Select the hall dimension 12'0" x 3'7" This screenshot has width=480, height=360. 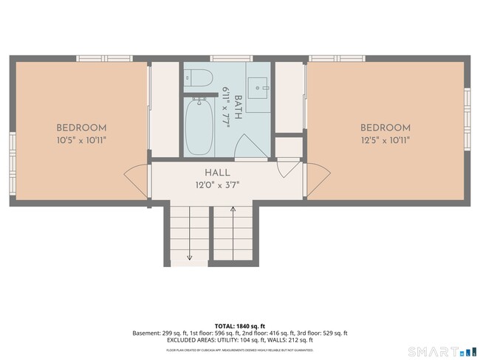[x=216, y=184]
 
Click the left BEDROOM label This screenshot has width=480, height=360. [x=81, y=128]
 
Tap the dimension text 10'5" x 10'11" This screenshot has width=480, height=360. [x=81, y=139]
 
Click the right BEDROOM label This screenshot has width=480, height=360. [x=385, y=128]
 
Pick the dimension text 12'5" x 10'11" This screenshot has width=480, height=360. [x=385, y=139]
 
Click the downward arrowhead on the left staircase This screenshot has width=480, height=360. [x=190, y=257]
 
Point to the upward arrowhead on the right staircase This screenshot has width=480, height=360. [x=233, y=210]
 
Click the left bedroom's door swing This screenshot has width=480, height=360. [x=137, y=180]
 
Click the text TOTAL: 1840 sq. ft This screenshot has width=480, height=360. [x=239, y=325]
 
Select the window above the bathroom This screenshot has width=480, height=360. [x=230, y=58]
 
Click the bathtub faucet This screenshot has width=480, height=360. [x=198, y=101]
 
